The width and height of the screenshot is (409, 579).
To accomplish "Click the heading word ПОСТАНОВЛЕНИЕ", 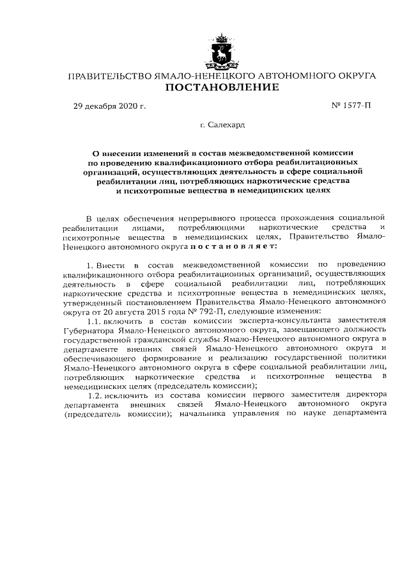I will tap(222, 88).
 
